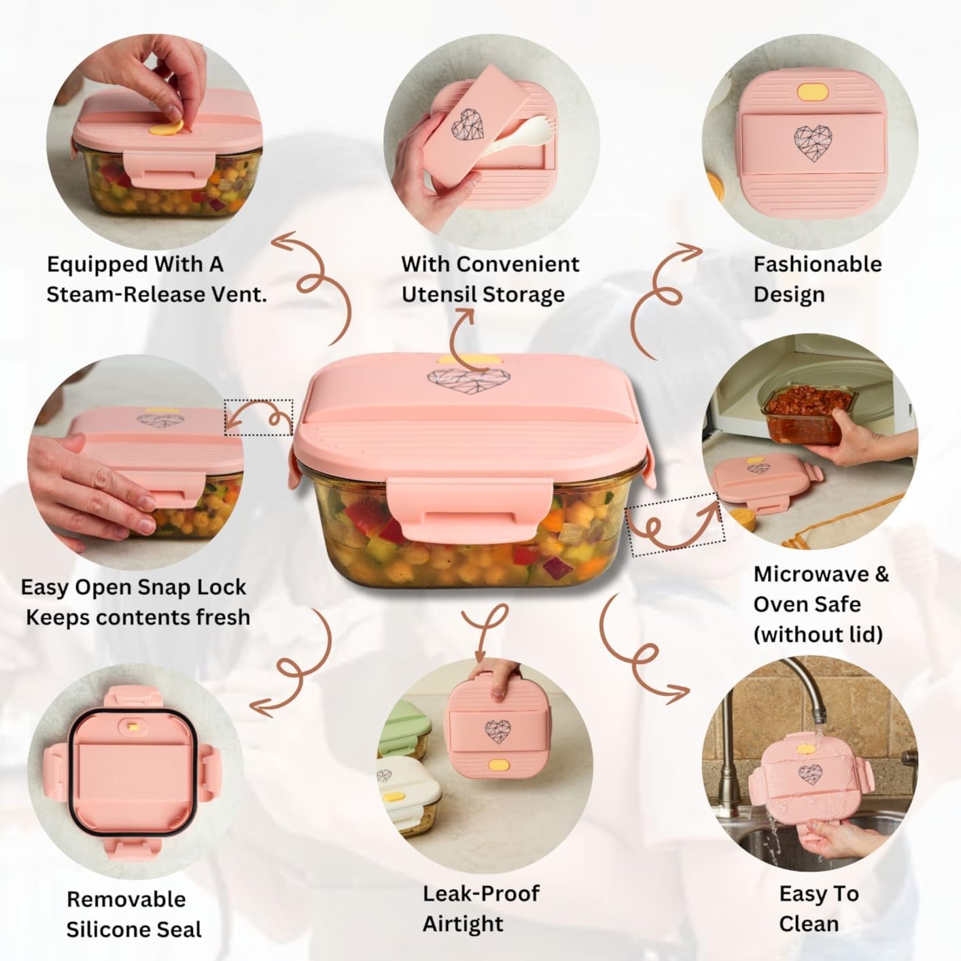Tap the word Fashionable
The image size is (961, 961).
(x=818, y=264)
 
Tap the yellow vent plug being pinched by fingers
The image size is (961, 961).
(x=167, y=128)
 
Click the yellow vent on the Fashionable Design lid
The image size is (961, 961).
(x=810, y=92)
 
